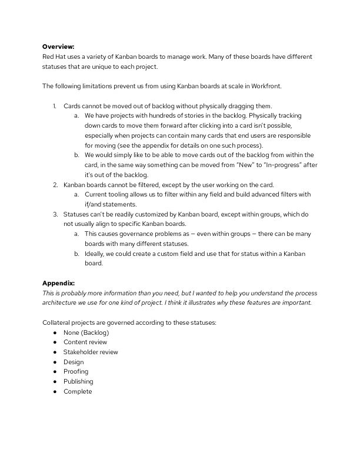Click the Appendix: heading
(x=58, y=284)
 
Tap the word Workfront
(x=268, y=86)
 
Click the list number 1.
(x=54, y=105)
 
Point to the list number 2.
(x=55, y=185)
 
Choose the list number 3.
(x=55, y=214)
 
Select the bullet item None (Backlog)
(x=86, y=332)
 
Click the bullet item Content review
(x=85, y=342)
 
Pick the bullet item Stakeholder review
(x=91, y=352)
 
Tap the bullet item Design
(x=74, y=362)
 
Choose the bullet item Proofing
(x=76, y=372)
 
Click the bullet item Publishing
(x=78, y=382)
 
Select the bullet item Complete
(x=78, y=392)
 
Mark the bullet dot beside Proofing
(x=55, y=372)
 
